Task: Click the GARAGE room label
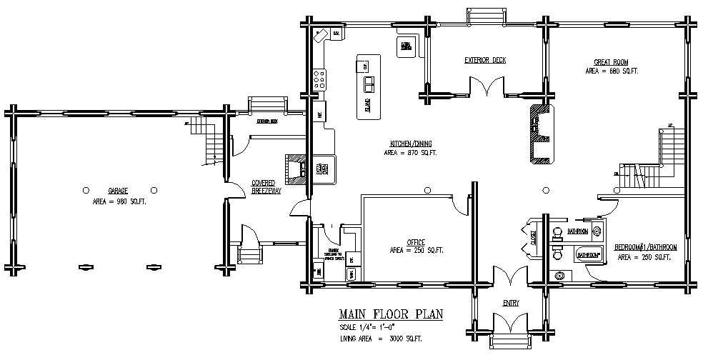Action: pyautogui.click(x=117, y=191)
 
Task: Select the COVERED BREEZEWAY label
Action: pyautogui.click(x=264, y=187)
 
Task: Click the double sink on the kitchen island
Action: pyautogui.click(x=369, y=85)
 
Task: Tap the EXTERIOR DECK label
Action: pyautogui.click(x=484, y=60)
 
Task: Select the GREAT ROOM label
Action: pyautogui.click(x=611, y=61)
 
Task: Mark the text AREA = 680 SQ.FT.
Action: pyautogui.click(x=611, y=71)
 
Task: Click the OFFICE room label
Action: pyautogui.click(x=416, y=241)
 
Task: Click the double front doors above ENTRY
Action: pyautogui.click(x=509, y=276)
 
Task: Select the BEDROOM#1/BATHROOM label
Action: pyautogui.click(x=646, y=247)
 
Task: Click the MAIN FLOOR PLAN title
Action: pyautogui.click(x=390, y=314)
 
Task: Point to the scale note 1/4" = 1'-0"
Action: pyautogui.click(x=371, y=326)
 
